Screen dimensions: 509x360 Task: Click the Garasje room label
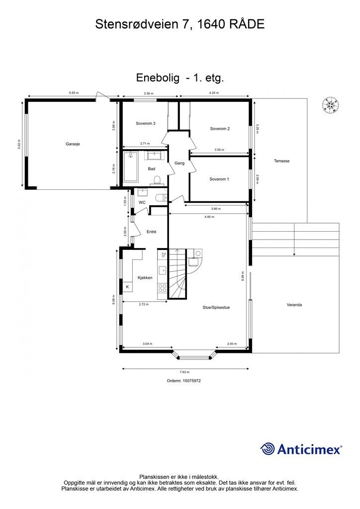[x=73, y=144]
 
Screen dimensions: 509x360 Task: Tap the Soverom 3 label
[x=146, y=123]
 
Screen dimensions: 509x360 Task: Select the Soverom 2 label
[x=220, y=129]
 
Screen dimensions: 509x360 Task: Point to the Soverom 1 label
[x=219, y=179]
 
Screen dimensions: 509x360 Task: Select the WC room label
[x=142, y=203]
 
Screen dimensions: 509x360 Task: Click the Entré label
[x=152, y=232]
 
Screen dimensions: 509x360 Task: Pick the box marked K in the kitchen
[x=127, y=287]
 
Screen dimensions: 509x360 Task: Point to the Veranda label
[x=294, y=305]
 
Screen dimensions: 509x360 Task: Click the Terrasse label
[x=281, y=161]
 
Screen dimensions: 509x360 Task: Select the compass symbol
[x=330, y=105]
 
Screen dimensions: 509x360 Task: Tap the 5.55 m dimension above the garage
[x=74, y=93]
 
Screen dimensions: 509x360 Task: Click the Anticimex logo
[x=301, y=449]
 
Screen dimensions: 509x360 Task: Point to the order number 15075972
[x=184, y=381]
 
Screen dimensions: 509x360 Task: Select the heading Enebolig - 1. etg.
[x=180, y=78]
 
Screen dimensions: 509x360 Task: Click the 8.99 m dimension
[x=243, y=276]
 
